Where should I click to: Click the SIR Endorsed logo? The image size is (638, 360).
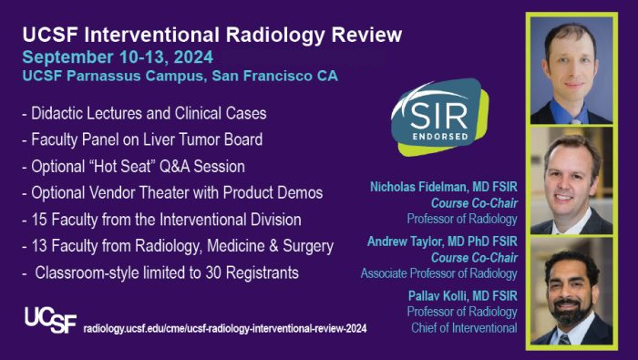(439, 117)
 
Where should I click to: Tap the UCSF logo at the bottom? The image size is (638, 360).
(50, 320)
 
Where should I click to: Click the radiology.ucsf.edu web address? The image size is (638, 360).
(225, 328)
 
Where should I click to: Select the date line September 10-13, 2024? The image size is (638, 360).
(118, 57)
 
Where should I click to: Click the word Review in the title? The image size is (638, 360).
(366, 35)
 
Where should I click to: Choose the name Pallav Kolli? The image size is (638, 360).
(434, 295)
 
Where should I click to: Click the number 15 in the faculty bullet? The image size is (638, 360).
(39, 220)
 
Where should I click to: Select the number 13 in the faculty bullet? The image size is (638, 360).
(39, 246)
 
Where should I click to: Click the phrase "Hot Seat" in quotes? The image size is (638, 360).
(121, 167)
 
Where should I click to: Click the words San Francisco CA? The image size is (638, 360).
(275, 76)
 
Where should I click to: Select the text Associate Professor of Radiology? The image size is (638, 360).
(439, 273)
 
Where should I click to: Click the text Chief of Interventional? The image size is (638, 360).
(464, 328)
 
